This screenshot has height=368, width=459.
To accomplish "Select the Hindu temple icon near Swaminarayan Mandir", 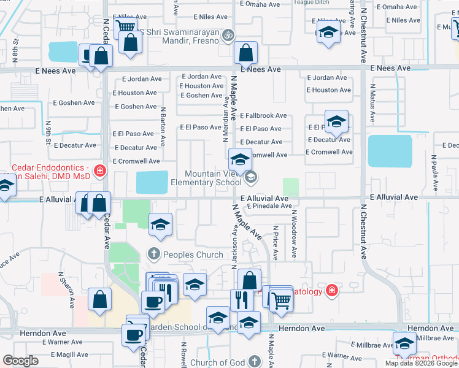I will click(228, 34).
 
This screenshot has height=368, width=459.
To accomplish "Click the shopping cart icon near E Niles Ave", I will click(125, 27).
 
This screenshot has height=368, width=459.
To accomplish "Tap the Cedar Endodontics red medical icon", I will click(99, 170).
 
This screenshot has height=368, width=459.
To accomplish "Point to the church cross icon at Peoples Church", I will click(153, 253).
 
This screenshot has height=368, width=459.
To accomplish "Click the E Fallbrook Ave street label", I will click(263, 115).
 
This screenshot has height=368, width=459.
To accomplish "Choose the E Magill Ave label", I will click(69, 355).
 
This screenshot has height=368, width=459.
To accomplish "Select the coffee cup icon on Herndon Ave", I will click(133, 334).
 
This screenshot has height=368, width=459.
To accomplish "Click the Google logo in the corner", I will click(20, 361).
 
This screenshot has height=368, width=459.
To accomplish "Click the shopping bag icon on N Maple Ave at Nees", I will click(245, 54).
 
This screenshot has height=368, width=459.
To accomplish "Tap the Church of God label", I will click(217, 362).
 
